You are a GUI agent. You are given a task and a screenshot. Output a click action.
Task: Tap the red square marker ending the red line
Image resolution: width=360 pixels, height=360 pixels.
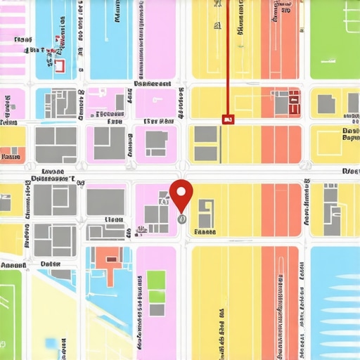[226, 120]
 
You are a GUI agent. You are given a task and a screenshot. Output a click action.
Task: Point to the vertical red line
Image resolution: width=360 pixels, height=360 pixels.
[227, 56]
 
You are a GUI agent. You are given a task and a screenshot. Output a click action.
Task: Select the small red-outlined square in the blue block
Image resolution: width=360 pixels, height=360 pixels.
[59, 65]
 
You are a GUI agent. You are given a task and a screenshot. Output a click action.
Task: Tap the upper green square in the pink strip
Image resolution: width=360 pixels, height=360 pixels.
[156, 279]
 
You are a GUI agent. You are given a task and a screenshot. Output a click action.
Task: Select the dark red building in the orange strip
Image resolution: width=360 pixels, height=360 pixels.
[293, 103]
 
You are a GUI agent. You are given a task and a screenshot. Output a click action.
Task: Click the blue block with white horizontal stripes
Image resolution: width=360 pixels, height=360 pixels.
[335, 302]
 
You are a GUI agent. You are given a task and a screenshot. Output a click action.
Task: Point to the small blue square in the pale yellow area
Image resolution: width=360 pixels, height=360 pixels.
[51, 342]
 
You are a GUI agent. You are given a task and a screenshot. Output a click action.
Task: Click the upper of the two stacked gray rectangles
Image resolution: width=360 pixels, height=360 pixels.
[205, 134]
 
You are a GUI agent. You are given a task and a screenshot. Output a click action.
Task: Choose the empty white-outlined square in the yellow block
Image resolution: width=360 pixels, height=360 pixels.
[332, 143]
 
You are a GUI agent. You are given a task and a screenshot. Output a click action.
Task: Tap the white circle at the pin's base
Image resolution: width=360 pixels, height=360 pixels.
[181, 219]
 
